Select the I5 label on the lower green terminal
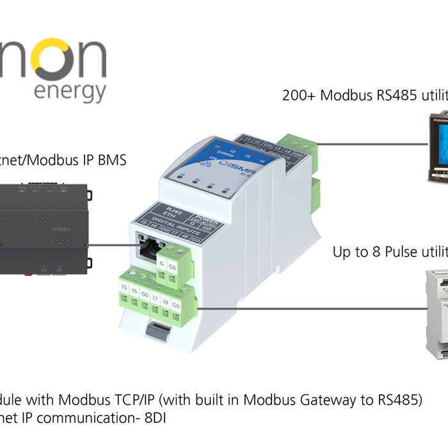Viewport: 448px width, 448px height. coord(124,287)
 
